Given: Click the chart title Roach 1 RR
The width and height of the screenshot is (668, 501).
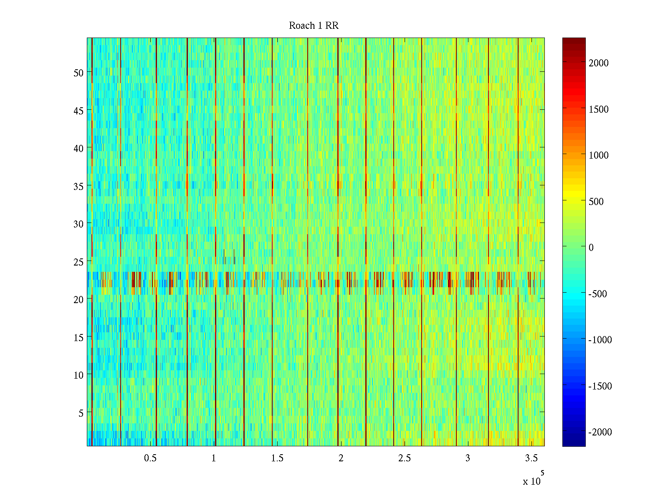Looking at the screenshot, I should tap(314, 26).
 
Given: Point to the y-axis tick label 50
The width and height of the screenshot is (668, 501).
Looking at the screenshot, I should tap(78, 73).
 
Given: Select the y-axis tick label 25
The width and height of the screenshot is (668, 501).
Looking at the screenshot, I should tap(78, 262).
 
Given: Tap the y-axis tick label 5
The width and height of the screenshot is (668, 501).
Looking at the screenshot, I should tap(81, 413).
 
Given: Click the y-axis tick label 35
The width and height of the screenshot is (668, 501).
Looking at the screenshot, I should tap(78, 186).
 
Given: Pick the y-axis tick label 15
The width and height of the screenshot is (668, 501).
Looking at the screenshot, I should tap(78, 337).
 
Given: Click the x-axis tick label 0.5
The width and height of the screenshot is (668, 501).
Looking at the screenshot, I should tap(150, 458).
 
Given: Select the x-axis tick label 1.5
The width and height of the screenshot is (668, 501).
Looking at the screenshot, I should tap(277, 458).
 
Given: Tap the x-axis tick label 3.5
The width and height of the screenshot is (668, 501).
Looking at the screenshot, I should tap(531, 458).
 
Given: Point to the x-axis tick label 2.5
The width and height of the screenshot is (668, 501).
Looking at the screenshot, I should tap(404, 458).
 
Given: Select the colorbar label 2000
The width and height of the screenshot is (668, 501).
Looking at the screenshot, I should tap(599, 63).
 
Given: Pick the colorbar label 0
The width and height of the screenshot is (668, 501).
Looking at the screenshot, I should tap(591, 248).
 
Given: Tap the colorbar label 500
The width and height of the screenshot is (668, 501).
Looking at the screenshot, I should tap(596, 202).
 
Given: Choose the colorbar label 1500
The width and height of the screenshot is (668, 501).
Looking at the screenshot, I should tap(599, 109).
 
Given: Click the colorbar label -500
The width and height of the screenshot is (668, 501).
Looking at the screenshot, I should tap(598, 294).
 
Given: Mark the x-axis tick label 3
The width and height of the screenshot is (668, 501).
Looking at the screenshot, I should tap(468, 458).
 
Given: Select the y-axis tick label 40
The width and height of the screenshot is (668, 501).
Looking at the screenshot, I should tap(78, 148).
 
